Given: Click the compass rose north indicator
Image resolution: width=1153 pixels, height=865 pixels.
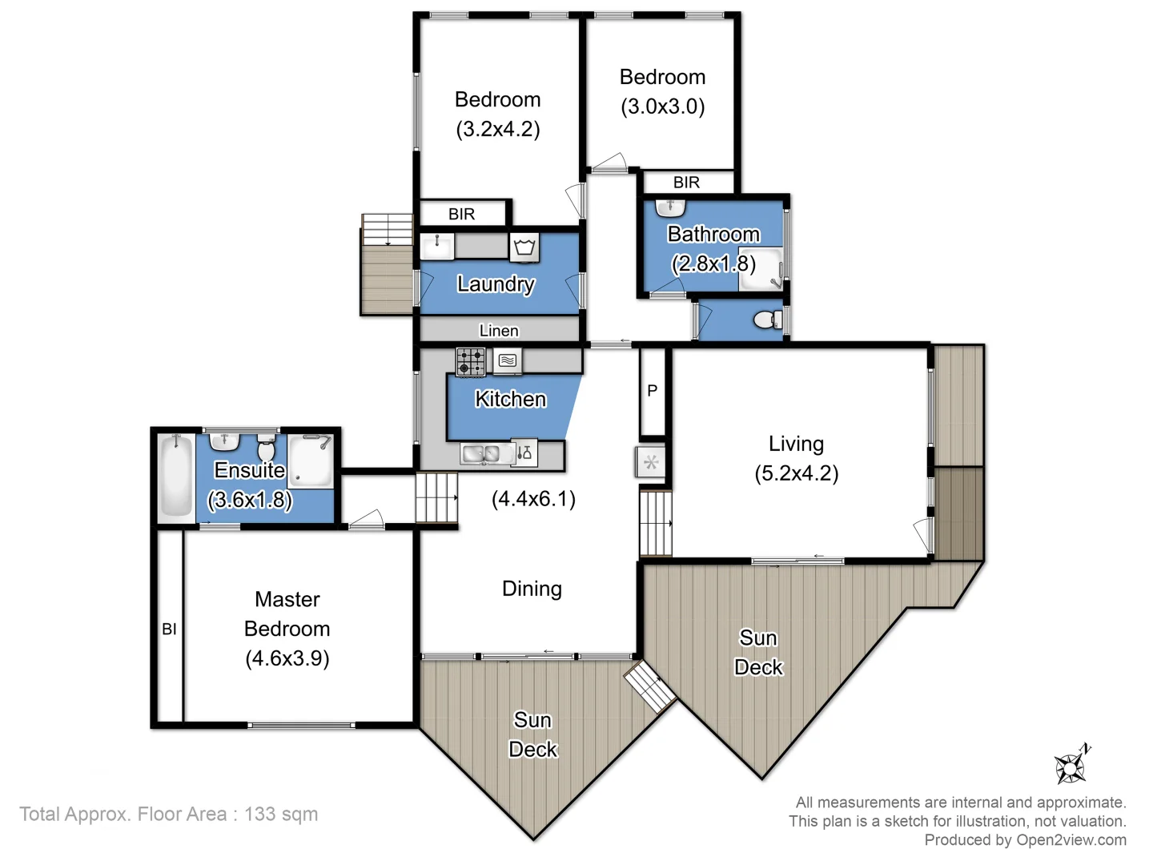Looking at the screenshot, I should tap(1072, 766).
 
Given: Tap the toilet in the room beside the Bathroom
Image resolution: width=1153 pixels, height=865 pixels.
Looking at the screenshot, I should tap(768, 320).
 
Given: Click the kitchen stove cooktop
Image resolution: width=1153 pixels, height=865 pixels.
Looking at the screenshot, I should tap(470, 362).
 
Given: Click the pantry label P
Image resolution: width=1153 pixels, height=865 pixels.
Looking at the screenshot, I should tap(652, 391).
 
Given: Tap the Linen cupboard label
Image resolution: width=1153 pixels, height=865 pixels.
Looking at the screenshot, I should tap(499, 331).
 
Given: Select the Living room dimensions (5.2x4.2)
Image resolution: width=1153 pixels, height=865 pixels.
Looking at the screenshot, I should tap(796, 473).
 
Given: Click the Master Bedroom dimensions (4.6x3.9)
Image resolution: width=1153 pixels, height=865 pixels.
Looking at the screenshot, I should tap(287, 658).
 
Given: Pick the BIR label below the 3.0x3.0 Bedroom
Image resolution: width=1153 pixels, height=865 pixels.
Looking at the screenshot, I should tap(686, 183).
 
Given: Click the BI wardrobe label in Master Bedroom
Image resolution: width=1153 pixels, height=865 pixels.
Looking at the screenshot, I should tap(169, 630).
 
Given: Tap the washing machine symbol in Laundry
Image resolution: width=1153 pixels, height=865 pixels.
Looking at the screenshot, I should tap(524, 247).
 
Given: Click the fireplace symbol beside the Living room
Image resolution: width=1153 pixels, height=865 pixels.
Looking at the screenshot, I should tap(651, 463).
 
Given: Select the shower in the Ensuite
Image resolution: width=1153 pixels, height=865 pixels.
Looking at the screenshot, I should tap(311, 461).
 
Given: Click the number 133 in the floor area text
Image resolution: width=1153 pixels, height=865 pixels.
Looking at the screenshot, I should tap(260, 815).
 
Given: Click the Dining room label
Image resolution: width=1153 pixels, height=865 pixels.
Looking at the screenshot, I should tap(532, 589).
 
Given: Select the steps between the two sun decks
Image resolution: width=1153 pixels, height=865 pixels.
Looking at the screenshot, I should tap(650, 686).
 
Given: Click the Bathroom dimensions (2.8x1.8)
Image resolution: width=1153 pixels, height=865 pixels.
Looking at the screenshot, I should tap(713, 264).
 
